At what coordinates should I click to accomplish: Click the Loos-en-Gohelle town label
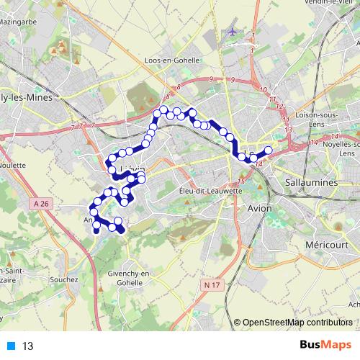click(x=172, y=60)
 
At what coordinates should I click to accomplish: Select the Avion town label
click(x=259, y=207)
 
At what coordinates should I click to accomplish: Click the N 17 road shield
click(x=211, y=284)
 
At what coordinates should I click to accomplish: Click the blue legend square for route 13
click(x=10, y=346)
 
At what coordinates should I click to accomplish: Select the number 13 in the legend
click(x=27, y=346)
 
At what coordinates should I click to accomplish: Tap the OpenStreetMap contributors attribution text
click(x=297, y=323)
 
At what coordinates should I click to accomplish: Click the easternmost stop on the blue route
click(x=269, y=150)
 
